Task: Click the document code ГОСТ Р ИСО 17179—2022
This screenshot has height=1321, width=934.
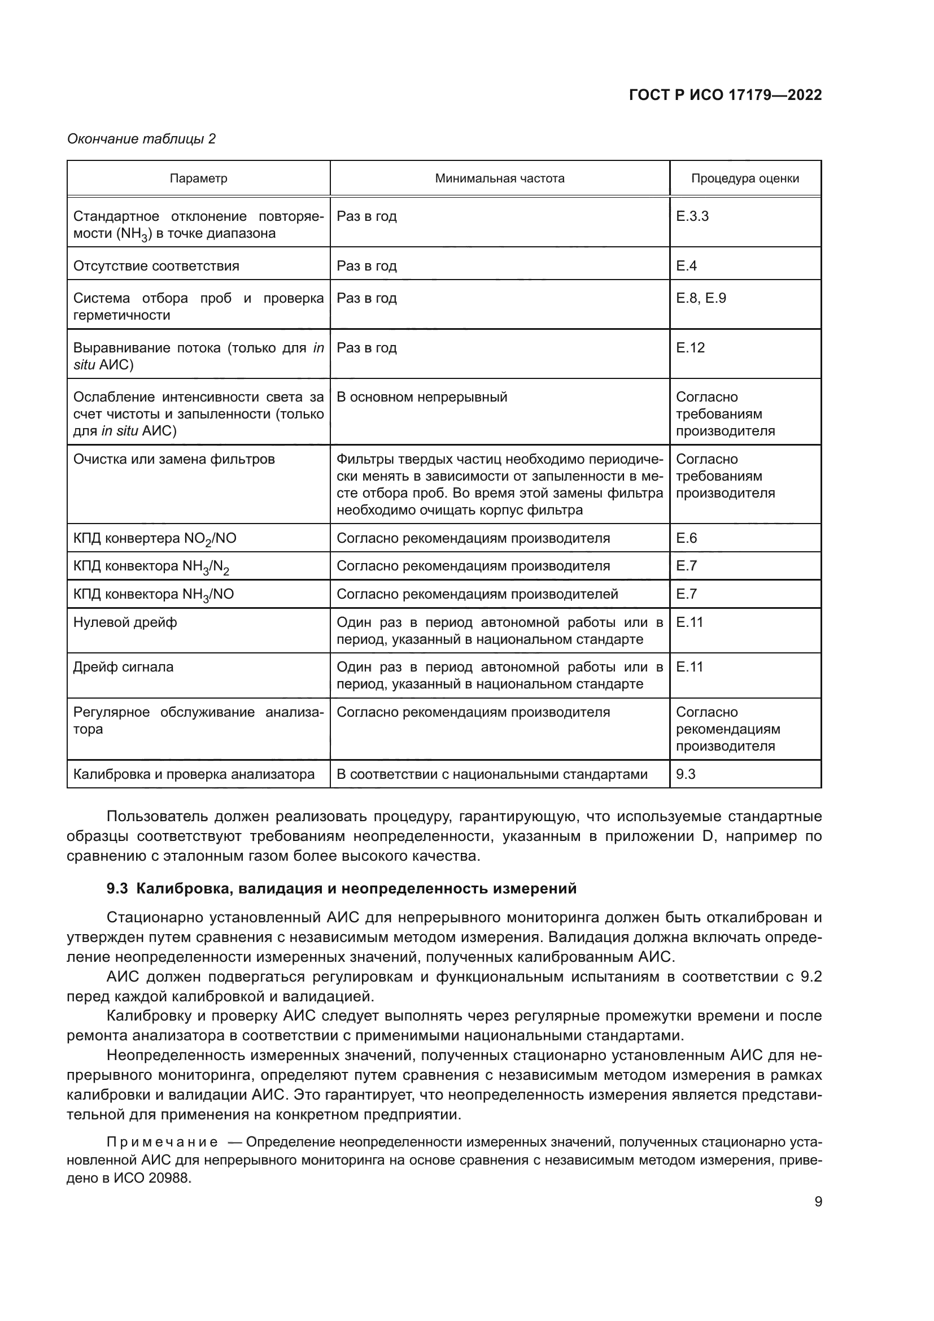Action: pyautogui.click(x=725, y=95)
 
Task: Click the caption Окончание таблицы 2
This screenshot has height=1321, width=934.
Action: pyautogui.click(x=142, y=139)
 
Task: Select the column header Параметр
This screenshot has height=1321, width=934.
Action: pyautogui.click(x=198, y=178)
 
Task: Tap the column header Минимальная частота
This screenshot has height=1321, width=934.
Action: pyautogui.click(x=499, y=178)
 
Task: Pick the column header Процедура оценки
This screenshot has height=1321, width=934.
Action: pyautogui.click(x=745, y=178)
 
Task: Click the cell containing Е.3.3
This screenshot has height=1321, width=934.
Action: pyautogui.click(x=692, y=216)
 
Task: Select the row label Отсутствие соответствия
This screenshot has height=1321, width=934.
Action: pyautogui.click(x=156, y=266)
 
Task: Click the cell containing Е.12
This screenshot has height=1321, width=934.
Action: pyautogui.click(x=690, y=347)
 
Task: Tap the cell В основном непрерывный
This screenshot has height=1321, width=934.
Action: pyautogui.click(x=422, y=397)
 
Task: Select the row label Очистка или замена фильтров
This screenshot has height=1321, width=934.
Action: pyautogui.click(x=174, y=459)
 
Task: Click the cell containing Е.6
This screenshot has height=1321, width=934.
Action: pyautogui.click(x=686, y=538)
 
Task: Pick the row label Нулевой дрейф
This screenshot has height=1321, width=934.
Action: pyautogui.click(x=125, y=622)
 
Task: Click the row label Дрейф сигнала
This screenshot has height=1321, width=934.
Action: pyautogui.click(x=123, y=667)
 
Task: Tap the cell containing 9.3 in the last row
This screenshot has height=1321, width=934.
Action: pyautogui.click(x=686, y=774)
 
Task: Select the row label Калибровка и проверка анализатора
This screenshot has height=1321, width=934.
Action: pyautogui.click(x=194, y=774)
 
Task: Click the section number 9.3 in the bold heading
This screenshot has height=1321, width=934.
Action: pyautogui.click(x=117, y=889)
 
